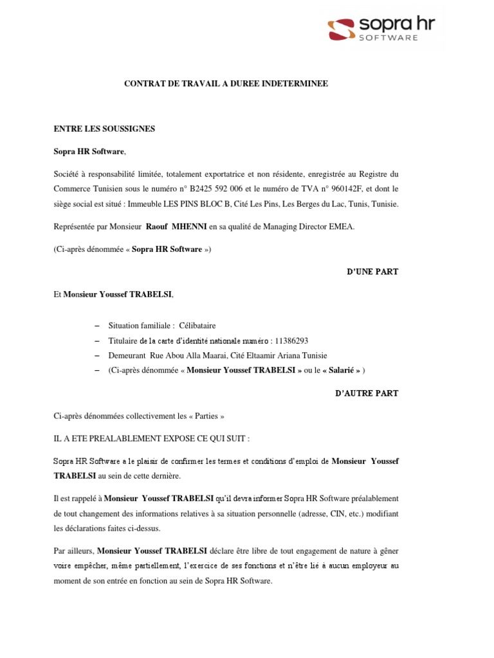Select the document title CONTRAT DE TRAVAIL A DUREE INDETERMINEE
[x=226, y=84]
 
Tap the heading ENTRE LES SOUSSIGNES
[x=104, y=129]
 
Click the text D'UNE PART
[x=372, y=272]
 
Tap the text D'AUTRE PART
[x=367, y=393]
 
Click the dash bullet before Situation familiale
[x=97, y=326]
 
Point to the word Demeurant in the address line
[x=127, y=355]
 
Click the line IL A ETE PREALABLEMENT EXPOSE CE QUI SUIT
[x=151, y=438]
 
